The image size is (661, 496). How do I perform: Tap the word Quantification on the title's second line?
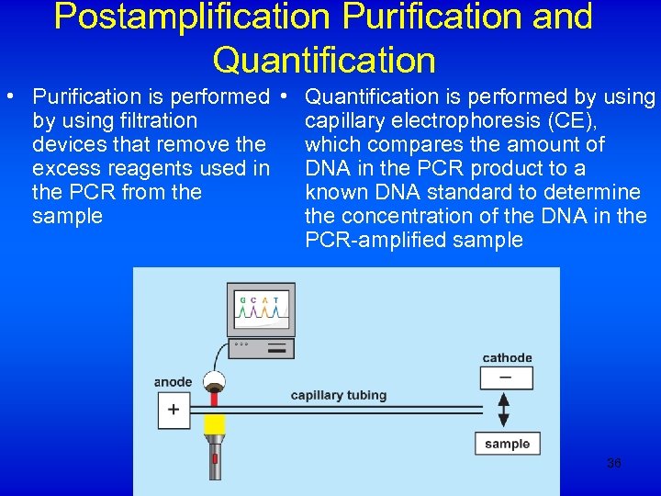(323, 60)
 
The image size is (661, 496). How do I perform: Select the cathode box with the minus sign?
(503, 378)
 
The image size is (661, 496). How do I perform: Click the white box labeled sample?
(507, 444)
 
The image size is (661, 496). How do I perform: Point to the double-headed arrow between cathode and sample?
(503, 411)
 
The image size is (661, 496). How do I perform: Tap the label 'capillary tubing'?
(339, 395)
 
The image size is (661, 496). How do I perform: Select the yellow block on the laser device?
(215, 424)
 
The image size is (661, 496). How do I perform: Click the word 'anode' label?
(173, 382)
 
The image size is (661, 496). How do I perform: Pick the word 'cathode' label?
(507, 357)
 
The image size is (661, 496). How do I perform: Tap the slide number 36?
(614, 464)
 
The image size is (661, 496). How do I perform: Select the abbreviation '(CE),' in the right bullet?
(572, 120)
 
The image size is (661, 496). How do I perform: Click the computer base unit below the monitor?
(262, 347)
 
